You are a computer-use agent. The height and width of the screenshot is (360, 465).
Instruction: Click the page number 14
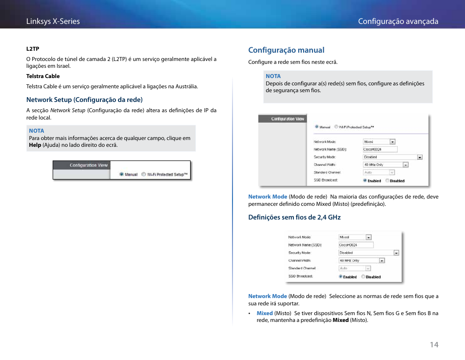(x=434, y=344)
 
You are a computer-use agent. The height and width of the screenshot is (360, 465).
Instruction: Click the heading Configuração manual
(x=286, y=50)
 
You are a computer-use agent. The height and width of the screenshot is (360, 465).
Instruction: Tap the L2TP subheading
(x=33, y=49)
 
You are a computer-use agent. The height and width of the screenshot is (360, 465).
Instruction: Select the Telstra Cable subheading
(x=43, y=76)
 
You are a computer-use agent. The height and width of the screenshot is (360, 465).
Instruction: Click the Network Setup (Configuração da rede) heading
(x=84, y=100)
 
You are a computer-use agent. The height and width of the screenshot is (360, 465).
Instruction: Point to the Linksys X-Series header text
(x=53, y=21)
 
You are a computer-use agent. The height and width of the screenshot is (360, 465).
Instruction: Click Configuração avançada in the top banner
(x=398, y=21)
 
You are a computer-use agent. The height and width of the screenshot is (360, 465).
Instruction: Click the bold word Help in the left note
(x=35, y=145)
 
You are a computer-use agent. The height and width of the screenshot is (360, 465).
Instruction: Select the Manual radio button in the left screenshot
(x=122, y=174)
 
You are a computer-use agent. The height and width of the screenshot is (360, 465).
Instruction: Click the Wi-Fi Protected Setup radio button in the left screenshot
(x=144, y=174)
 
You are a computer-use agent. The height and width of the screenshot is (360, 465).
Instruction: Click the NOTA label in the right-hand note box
(x=273, y=76)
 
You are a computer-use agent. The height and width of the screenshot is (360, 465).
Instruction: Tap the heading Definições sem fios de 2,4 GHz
(x=294, y=217)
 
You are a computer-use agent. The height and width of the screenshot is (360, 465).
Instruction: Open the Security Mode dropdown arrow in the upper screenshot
(x=420, y=157)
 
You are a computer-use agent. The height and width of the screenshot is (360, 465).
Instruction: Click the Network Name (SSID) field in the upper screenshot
(x=380, y=149)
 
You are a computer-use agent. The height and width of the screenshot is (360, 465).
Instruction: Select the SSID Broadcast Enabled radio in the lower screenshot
(x=341, y=277)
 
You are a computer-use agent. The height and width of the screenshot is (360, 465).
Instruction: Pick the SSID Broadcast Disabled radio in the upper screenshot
(x=387, y=180)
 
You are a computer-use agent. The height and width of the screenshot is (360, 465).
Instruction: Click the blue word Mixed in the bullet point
(x=265, y=313)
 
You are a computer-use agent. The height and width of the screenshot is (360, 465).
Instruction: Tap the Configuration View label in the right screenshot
(x=288, y=119)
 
